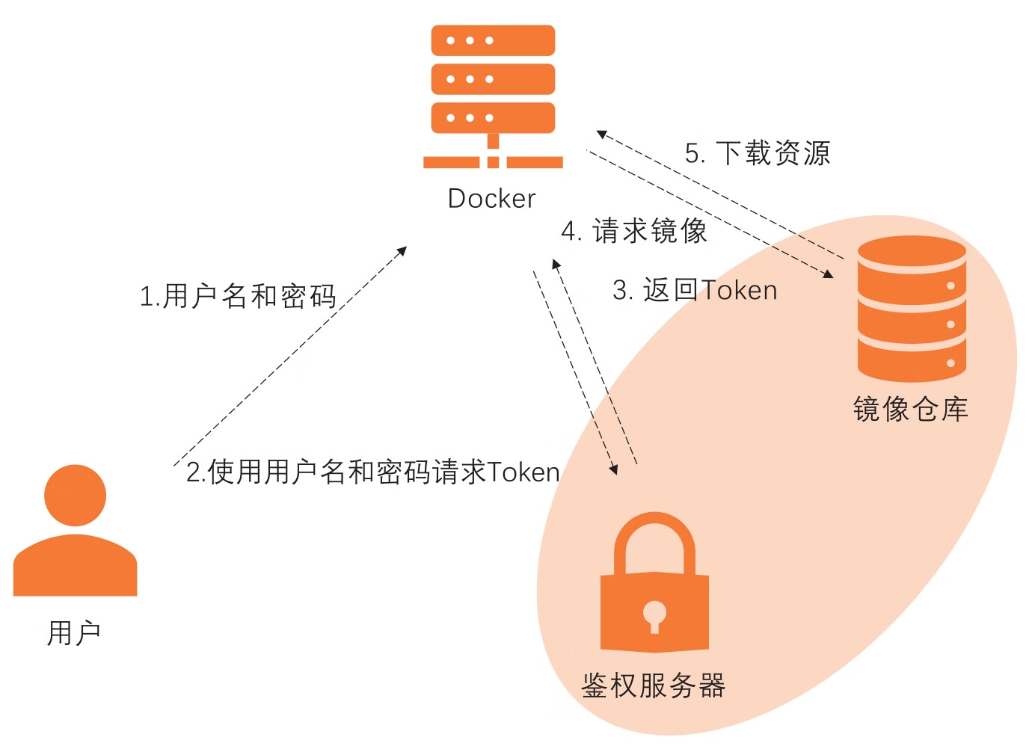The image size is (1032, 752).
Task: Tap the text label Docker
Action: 491,199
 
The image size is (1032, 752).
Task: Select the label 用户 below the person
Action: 73,633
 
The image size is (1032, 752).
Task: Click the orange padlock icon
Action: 654,591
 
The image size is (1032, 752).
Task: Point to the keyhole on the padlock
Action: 654,614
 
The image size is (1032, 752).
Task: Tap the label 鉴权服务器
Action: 654,685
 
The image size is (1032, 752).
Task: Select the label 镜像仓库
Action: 910,410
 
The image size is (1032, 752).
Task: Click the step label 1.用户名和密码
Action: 238,296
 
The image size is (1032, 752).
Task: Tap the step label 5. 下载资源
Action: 758,153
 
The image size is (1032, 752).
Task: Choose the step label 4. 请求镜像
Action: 634,231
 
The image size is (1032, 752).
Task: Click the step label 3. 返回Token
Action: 695,290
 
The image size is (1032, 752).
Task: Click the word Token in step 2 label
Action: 523,472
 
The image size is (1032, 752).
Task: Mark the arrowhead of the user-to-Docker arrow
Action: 402,250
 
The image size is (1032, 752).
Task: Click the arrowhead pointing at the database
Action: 829,274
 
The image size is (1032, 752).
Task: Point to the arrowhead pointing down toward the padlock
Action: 614,470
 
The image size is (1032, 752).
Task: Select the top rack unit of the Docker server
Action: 493,40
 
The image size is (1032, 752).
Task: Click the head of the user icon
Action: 75,496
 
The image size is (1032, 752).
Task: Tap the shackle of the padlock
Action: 654,538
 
